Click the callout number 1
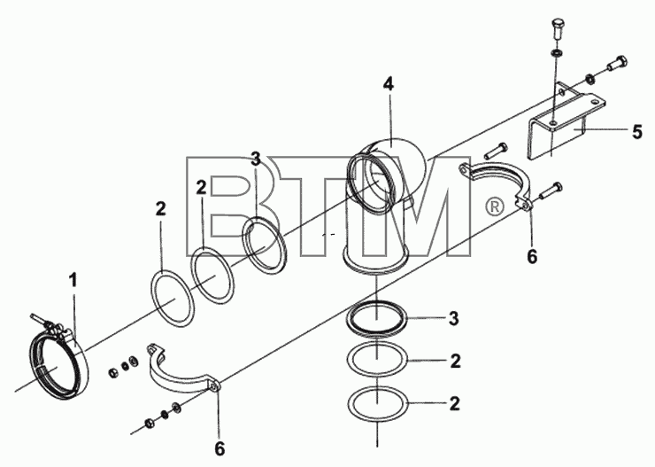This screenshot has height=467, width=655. (x=73, y=281)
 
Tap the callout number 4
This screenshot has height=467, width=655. (x=389, y=84)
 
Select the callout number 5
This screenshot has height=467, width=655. (x=636, y=132)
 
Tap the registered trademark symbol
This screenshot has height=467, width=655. (x=494, y=207)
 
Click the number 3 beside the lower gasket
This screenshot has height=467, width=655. (x=454, y=318)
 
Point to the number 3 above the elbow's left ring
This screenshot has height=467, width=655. (x=256, y=159)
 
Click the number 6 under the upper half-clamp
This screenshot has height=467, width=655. (x=532, y=256)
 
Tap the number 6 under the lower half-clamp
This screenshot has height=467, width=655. (x=220, y=448)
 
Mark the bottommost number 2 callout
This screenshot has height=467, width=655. (x=454, y=403)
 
